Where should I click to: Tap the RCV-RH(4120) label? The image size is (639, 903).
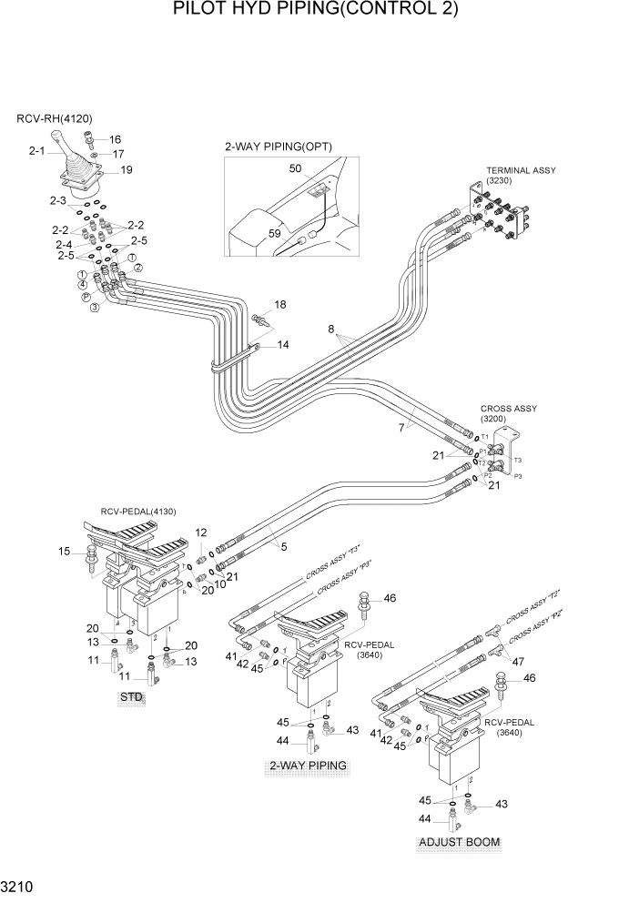coord(55,118)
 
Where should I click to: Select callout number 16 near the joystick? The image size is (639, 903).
coord(115,139)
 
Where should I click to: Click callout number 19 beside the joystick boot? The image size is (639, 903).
coord(126,169)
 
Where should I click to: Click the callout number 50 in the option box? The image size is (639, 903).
coord(295,168)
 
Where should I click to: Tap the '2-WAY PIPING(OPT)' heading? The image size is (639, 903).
coord(279,146)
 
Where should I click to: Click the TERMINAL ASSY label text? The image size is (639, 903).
coord(521,170)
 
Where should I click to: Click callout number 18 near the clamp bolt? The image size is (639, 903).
coord(279,304)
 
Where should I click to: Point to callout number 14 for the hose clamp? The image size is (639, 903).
coord(283,345)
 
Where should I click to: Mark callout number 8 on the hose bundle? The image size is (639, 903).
coord(332,330)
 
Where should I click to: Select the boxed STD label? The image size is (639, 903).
coord(133,697)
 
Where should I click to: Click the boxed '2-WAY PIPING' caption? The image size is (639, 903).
coord(308,766)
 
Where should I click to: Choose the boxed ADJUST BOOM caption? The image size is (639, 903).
coord(460,842)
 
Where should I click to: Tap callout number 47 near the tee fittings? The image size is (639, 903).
coord(518,663)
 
